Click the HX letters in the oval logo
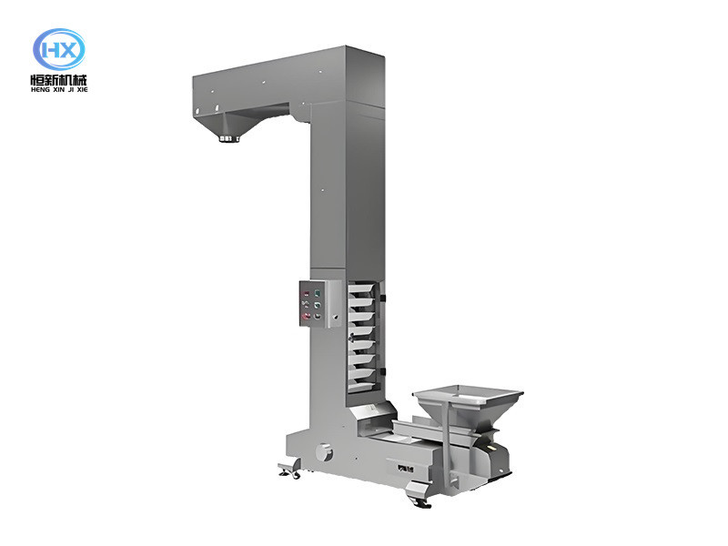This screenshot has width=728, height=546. click(x=59, y=50)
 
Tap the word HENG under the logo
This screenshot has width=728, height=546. click(x=40, y=89)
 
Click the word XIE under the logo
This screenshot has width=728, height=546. click(x=82, y=89)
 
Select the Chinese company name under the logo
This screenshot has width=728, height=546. click(x=59, y=79)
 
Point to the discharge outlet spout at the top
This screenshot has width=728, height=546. click(x=229, y=138)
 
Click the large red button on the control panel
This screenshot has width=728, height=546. click(x=306, y=316)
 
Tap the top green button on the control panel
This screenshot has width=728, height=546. click(x=318, y=293)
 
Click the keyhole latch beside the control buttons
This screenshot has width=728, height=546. click(x=335, y=318)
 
